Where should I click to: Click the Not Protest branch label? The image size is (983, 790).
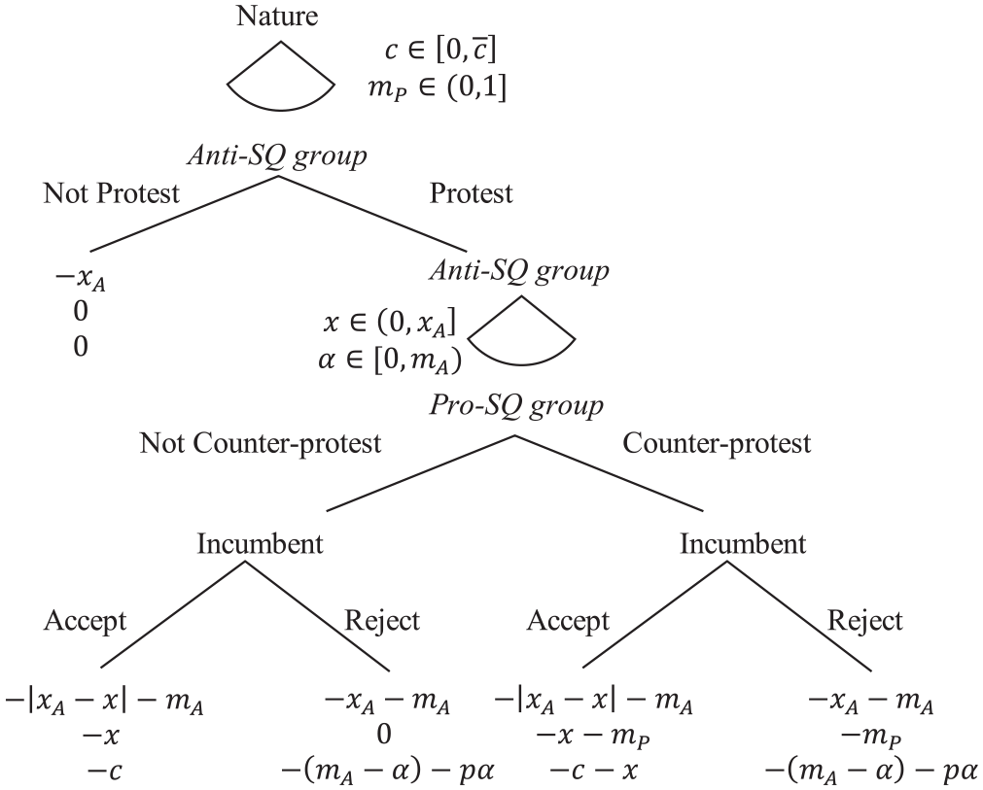(112, 192)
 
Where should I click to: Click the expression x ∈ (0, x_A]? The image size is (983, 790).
(393, 322)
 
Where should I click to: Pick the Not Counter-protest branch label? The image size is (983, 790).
(261, 444)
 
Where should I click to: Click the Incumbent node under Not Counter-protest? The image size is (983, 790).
(260, 543)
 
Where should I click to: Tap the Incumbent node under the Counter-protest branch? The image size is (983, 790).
(742, 543)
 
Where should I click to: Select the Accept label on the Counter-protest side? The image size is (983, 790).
(568, 620)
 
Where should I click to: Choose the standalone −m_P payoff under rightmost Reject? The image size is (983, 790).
(871, 737)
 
